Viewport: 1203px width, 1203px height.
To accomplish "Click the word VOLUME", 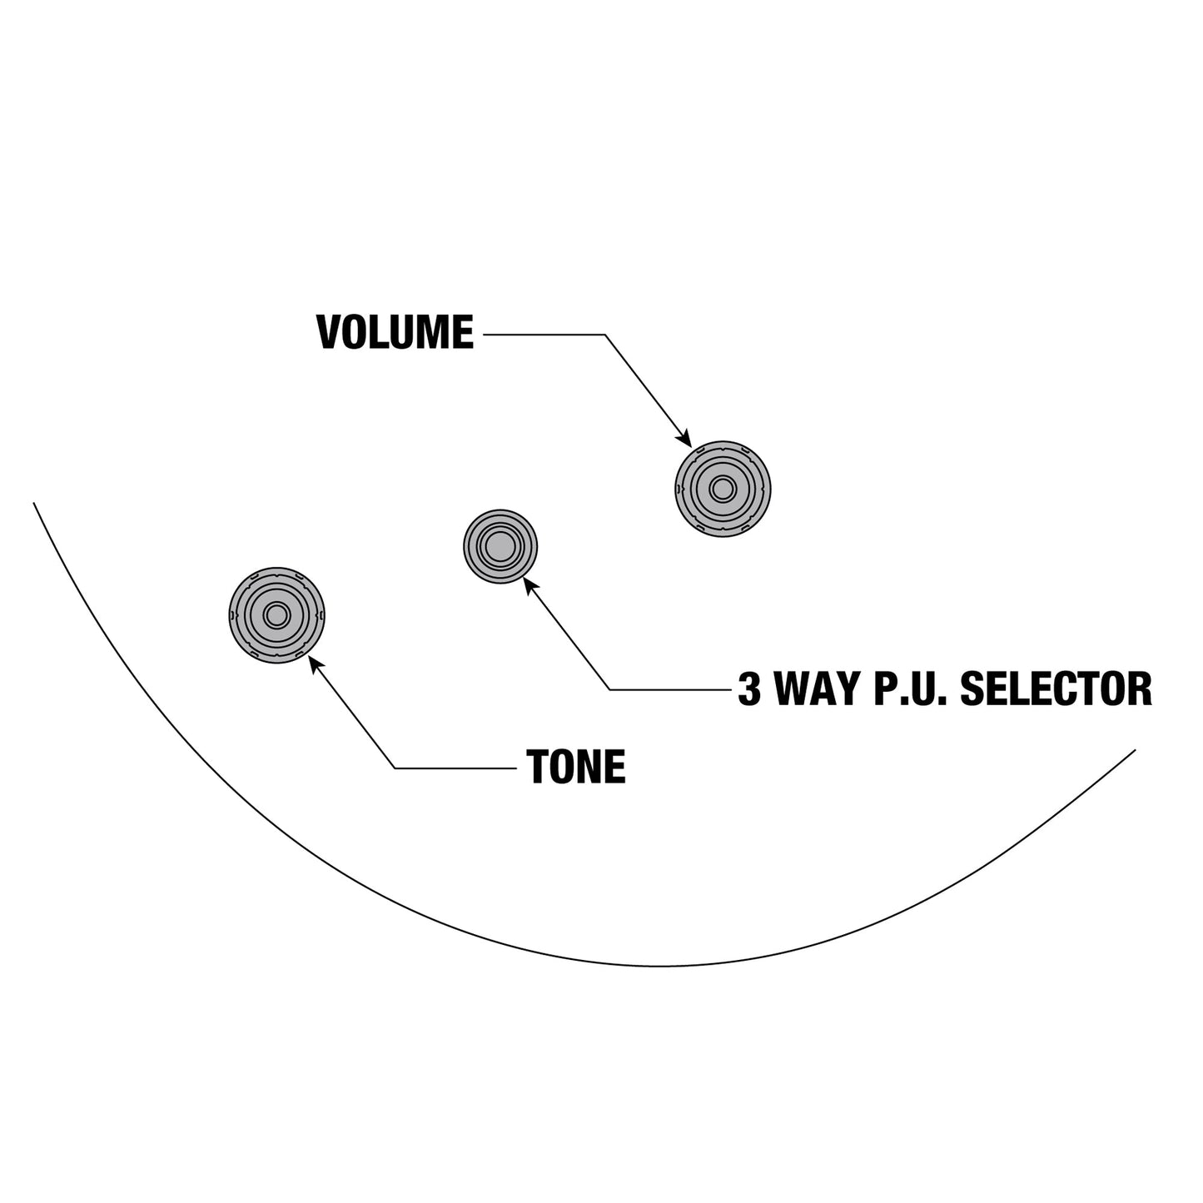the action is pyautogui.click(x=395, y=332).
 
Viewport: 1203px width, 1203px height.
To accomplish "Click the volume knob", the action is pyautogui.click(x=723, y=489).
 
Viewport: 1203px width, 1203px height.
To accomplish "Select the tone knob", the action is pyautogui.click(x=276, y=615).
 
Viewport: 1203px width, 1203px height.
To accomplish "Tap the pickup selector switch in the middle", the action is pyautogui.click(x=500, y=546).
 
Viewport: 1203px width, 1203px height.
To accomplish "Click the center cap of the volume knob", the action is pyautogui.click(x=723, y=489).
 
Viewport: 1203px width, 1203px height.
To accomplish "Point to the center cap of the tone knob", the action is pyautogui.click(x=276, y=615).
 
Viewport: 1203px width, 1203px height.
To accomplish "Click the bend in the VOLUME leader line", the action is pyautogui.click(x=605, y=335).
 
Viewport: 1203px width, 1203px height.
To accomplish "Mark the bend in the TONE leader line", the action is pyautogui.click(x=395, y=768).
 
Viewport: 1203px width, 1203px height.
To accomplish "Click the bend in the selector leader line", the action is pyautogui.click(x=610, y=690).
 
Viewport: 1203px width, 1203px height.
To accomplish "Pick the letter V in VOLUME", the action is pyautogui.click(x=330, y=332).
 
